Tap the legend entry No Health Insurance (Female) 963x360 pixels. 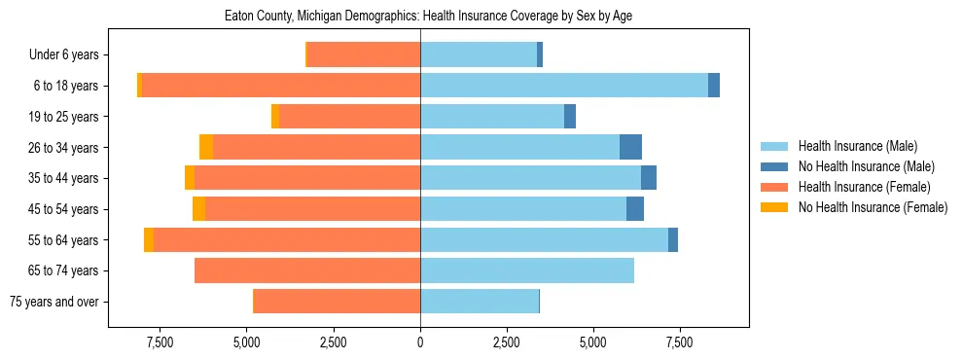click(873, 207)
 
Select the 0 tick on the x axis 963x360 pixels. click(420, 342)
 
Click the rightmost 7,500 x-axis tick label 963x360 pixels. click(679, 342)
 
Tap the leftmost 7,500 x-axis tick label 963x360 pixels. click(160, 342)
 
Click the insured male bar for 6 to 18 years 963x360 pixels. click(564, 86)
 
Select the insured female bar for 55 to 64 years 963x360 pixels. click(287, 239)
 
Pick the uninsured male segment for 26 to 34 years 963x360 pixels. click(630, 147)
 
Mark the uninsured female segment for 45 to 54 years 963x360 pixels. click(198, 209)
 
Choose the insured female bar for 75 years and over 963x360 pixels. click(337, 302)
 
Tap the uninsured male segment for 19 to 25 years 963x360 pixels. click(570, 117)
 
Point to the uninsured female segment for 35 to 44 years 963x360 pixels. click(190, 178)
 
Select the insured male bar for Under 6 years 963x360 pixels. click(479, 55)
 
